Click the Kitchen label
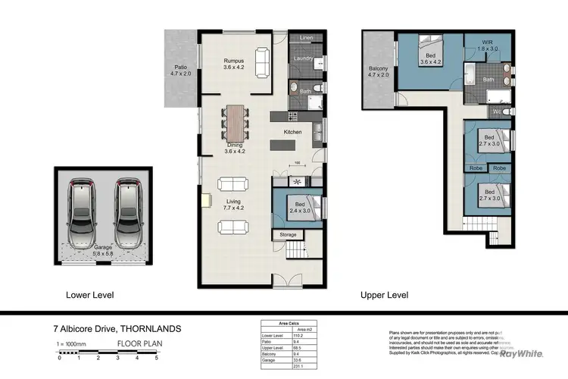click(293, 132)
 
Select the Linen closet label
click(306, 37)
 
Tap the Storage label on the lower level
click(288, 235)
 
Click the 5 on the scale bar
click(156, 357)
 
